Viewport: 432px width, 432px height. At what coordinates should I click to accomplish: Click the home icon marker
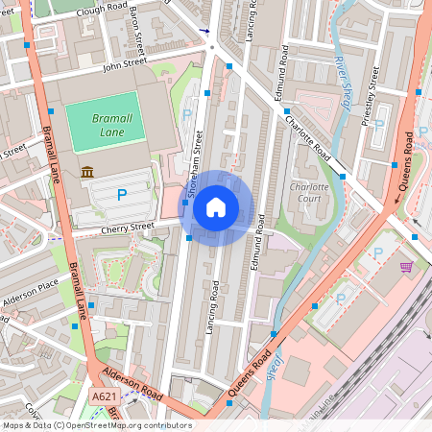(x=216, y=207)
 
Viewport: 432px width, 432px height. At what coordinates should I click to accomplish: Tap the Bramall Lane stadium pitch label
(x=101, y=123)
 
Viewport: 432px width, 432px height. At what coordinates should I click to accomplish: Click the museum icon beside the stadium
(x=88, y=172)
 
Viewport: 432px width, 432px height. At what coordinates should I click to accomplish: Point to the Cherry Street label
(x=127, y=228)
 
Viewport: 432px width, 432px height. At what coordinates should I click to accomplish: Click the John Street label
(x=125, y=64)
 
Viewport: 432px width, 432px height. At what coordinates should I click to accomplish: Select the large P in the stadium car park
(x=122, y=195)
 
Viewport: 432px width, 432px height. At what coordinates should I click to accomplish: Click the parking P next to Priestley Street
(x=380, y=125)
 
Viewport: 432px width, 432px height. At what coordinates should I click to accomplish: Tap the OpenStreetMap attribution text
(x=96, y=425)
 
